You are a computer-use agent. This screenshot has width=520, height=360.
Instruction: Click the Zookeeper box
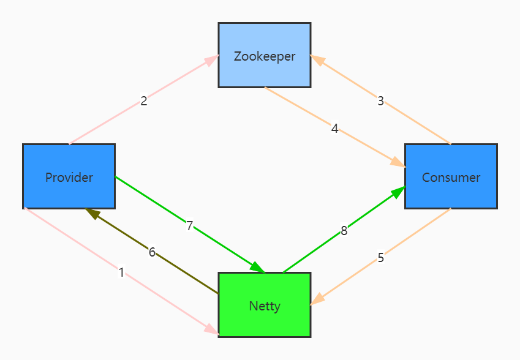[x=265, y=55]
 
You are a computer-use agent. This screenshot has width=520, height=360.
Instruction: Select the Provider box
[x=69, y=177]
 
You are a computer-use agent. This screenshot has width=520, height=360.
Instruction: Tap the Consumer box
[x=451, y=177]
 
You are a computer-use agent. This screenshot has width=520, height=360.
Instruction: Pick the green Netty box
[x=265, y=305]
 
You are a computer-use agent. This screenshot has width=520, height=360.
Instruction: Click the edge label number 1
[x=121, y=272]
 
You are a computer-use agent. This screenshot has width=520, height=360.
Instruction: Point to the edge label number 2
[x=144, y=101]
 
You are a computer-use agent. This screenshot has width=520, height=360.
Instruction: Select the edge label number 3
[x=380, y=101]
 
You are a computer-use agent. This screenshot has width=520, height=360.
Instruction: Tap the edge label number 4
[x=334, y=129]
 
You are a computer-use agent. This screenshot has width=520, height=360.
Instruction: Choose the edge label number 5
[x=380, y=258]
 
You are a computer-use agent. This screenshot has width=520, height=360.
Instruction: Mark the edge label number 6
[x=152, y=252]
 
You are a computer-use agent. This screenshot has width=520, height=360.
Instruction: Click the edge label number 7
[x=190, y=226]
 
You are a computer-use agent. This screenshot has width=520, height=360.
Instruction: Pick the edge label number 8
[x=344, y=231]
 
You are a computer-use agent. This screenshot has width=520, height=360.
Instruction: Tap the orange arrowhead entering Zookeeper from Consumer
[x=317, y=60]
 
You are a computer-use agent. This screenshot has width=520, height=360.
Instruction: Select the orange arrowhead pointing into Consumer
[x=398, y=163]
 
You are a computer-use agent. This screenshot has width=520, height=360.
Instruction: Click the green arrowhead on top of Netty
[x=257, y=267]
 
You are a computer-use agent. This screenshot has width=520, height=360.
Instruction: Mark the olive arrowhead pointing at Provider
[x=92, y=212]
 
